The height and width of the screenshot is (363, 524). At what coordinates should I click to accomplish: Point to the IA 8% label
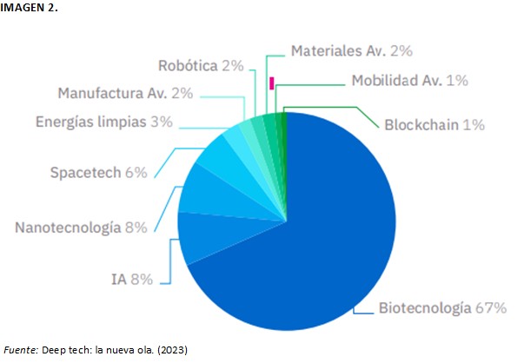tap(132, 279)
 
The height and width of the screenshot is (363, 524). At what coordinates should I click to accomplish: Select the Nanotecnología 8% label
tap(81, 228)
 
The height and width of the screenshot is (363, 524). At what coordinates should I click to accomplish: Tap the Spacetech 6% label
tap(97, 172)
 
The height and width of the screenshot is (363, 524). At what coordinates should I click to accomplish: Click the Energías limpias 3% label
tap(103, 122)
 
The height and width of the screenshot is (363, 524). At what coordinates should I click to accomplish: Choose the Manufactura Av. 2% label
tap(124, 93)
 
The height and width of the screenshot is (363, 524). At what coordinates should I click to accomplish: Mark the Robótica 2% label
tap(201, 65)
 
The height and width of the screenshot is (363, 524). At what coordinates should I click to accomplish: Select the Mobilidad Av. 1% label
tap(409, 81)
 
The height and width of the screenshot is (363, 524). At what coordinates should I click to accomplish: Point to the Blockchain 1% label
tap(434, 124)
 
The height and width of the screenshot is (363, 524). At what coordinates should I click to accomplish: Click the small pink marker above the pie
tap(272, 83)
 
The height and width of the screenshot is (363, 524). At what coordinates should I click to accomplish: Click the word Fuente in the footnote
tap(19, 349)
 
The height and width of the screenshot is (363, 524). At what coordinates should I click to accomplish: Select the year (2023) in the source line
tap(170, 349)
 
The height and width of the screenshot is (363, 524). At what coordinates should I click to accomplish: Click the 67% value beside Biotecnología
tap(491, 308)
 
